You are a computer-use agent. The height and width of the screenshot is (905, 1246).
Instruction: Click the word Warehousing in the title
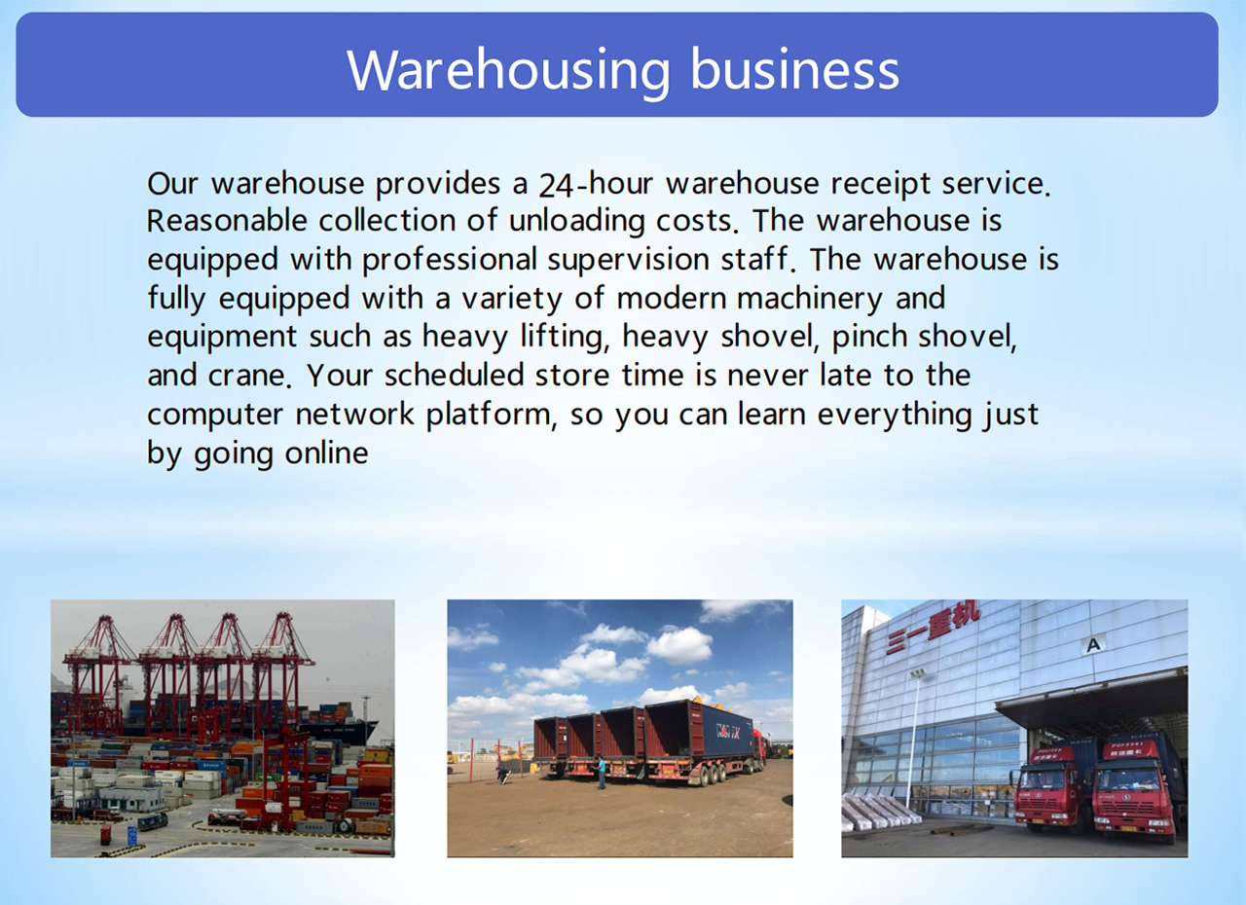click(508, 71)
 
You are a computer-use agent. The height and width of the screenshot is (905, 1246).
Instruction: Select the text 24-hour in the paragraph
click(595, 184)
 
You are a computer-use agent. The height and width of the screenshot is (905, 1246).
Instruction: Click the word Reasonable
click(227, 221)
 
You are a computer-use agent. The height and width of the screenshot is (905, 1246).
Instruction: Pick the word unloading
click(577, 222)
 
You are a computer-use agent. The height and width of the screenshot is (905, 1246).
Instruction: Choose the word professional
click(450, 260)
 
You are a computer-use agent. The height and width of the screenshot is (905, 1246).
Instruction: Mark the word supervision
click(628, 260)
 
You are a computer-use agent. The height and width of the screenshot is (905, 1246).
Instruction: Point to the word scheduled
click(454, 375)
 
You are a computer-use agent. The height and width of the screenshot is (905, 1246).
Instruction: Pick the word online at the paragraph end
click(326, 453)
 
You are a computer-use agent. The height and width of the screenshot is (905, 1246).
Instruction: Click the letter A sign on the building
click(1093, 645)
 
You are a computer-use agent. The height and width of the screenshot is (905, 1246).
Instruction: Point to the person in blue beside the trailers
click(601, 773)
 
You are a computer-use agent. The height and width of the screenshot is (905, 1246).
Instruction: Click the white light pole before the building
click(913, 740)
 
